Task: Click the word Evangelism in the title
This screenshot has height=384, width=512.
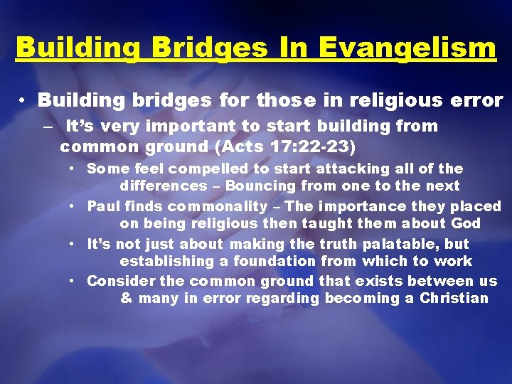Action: coord(407,48)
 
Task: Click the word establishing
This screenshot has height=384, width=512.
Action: coord(161,261)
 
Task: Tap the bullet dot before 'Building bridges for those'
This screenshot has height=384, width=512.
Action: coord(24,101)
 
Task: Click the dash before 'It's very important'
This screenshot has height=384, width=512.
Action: coord(47,127)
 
